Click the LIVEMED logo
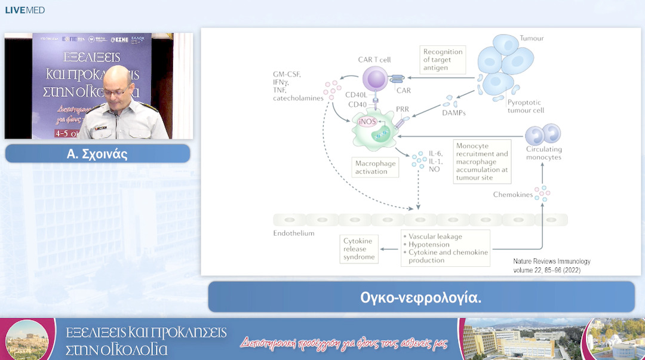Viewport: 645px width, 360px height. pyautogui.click(x=25, y=10)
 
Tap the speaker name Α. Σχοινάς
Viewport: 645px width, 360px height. pyautogui.click(x=97, y=154)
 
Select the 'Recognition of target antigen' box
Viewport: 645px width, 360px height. pyautogui.click(x=443, y=60)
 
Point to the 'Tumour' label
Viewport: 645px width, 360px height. pyautogui.click(x=532, y=39)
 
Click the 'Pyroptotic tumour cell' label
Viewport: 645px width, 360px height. pyautogui.click(x=526, y=106)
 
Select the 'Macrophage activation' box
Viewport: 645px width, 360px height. pyautogui.click(x=375, y=167)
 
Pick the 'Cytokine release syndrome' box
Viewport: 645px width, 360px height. pyautogui.click(x=359, y=249)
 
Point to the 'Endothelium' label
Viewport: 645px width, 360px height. pyautogui.click(x=294, y=233)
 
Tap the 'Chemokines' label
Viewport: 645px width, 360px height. pyautogui.click(x=512, y=195)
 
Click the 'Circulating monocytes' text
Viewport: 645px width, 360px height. pyautogui.click(x=543, y=153)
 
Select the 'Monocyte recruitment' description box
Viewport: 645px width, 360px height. pyautogui.click(x=482, y=161)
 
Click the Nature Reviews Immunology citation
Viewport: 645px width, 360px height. pyautogui.click(x=552, y=266)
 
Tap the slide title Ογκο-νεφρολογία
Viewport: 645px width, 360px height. pyautogui.click(x=421, y=297)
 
